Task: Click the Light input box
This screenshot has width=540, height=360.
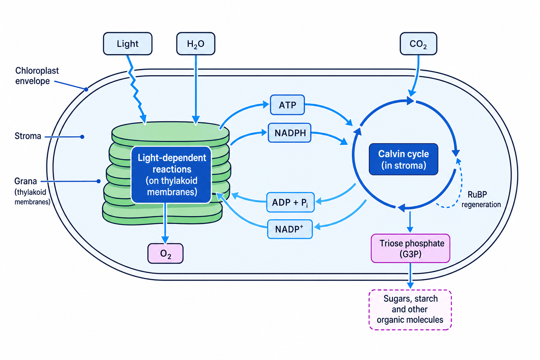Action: click(128, 44)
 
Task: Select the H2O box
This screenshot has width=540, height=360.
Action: click(196, 44)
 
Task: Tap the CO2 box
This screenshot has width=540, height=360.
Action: click(418, 44)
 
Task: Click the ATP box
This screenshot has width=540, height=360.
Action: click(287, 105)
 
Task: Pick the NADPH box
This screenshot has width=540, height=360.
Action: click(290, 133)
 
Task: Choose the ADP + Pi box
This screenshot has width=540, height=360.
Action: click(290, 202)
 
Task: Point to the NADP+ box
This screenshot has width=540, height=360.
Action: click(290, 229)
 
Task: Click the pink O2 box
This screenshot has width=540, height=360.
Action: click(165, 253)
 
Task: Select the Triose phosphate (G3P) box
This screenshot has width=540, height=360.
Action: click(410, 248)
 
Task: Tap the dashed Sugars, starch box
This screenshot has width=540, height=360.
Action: click(410, 310)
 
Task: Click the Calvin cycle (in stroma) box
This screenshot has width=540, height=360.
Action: click(404, 159)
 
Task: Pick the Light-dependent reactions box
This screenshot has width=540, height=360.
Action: click(172, 175)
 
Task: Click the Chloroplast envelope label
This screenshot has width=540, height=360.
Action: click(37, 76)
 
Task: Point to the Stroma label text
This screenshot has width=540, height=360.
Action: click(28, 136)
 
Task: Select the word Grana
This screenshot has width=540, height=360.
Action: click(26, 181)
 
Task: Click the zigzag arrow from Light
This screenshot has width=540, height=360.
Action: click(136, 89)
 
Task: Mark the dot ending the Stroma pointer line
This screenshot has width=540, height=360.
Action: click(82, 137)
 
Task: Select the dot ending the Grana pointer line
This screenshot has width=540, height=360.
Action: click(98, 181)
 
